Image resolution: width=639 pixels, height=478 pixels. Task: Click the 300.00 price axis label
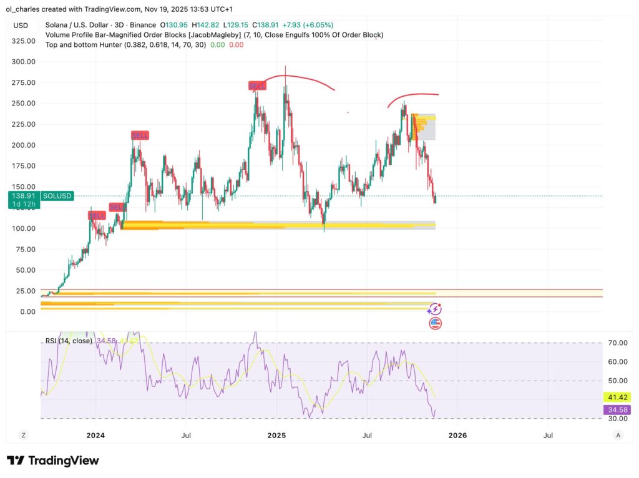tap(23, 62)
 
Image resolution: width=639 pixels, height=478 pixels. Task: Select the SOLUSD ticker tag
tap(57, 196)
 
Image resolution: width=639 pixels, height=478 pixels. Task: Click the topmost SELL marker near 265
tap(257, 85)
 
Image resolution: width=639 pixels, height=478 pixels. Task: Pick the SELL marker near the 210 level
tap(140, 135)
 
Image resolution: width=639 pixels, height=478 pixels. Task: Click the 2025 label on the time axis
tap(276, 435)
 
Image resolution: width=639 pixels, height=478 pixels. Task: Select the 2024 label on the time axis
tap(95, 435)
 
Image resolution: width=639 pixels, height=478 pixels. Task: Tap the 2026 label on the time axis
tap(457, 435)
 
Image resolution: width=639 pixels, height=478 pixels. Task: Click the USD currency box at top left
tap(21, 26)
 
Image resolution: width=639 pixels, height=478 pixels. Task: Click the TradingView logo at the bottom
tap(53, 461)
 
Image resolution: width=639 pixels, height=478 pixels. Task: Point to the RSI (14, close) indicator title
tap(69, 341)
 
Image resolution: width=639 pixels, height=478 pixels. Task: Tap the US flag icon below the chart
tap(436, 323)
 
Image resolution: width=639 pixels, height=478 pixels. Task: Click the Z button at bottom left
tap(23, 435)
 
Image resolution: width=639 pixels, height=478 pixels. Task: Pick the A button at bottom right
tap(618, 435)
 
